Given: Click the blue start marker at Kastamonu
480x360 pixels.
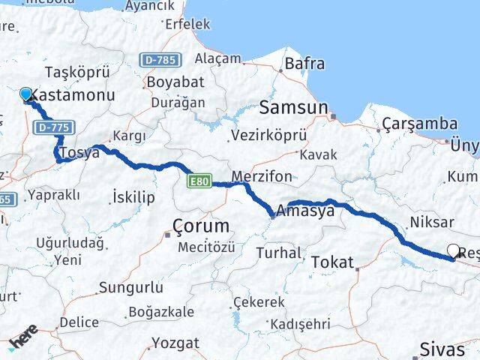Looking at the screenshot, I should pos(26,94).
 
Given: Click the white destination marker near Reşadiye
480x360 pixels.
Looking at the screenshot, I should pos(454,250).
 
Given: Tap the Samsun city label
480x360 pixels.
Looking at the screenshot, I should pos(293,108).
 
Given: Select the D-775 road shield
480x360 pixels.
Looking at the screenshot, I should pos(54,128).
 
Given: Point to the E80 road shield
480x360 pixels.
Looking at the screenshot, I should pos(200,181).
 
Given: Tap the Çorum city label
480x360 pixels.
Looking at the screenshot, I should pos(200,226).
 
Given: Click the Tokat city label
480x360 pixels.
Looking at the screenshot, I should pos(331,262).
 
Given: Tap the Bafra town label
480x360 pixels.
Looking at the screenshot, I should pos(305,64).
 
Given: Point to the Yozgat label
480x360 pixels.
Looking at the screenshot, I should pos(175,343).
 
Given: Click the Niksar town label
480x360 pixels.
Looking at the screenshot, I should pos(431,223).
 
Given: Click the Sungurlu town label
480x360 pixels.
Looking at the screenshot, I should pos(131,287).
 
